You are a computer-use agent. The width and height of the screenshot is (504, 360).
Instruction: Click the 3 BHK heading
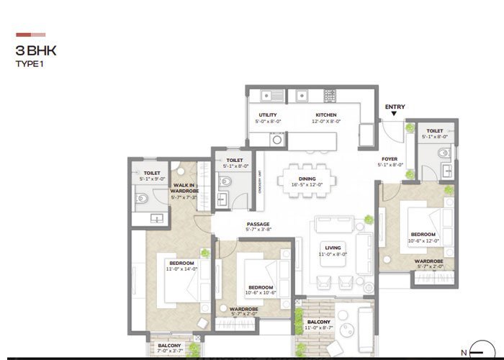36,51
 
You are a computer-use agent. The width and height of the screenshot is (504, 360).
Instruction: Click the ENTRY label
395,107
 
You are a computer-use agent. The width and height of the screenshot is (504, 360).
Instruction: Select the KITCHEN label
325,115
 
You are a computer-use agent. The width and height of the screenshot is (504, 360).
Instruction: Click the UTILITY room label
268,115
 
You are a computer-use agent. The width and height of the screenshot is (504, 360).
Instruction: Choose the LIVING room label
333,248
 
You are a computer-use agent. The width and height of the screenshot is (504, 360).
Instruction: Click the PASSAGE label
257,224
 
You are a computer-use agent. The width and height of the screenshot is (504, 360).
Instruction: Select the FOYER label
390,160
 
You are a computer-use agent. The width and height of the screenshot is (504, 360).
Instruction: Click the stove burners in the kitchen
330,94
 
